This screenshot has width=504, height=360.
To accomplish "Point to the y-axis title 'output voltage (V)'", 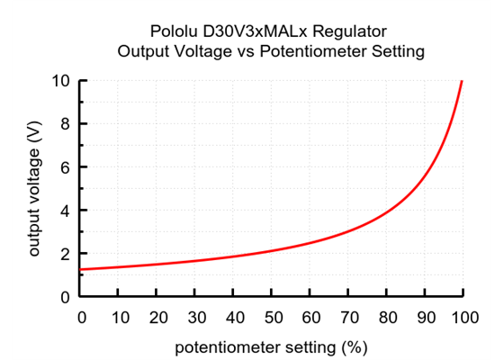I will tap(35, 189).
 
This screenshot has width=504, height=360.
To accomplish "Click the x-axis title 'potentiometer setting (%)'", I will tap(271, 345).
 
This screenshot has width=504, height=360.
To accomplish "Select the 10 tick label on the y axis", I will tap(61, 81).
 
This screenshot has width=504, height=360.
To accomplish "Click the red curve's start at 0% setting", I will tap(82, 269).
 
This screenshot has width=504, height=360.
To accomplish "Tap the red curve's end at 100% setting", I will tap(462, 81).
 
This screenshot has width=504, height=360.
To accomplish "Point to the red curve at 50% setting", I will tap(272, 251).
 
